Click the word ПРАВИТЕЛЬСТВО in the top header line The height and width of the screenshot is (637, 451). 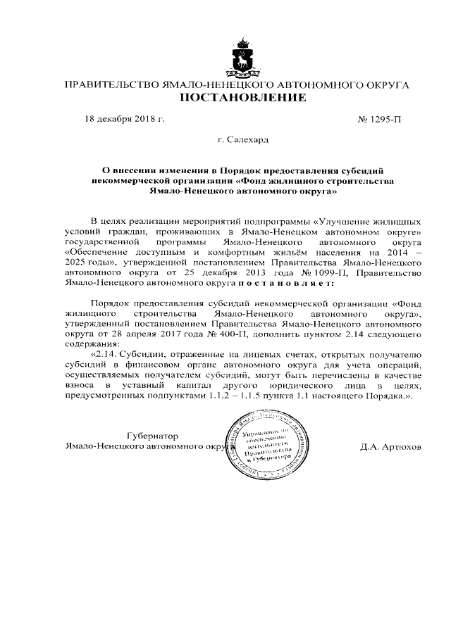[x=111, y=84]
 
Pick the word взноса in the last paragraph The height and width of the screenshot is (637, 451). [x=79, y=386]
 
